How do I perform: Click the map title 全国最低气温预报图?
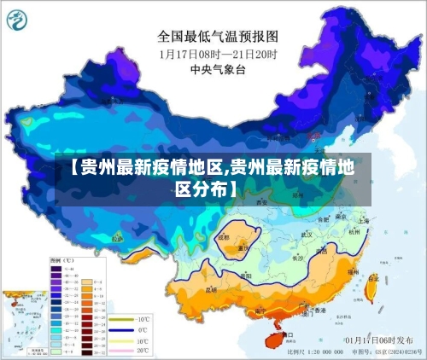pyautogui.click(x=218, y=37)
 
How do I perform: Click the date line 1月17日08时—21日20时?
pyautogui.click(x=218, y=53)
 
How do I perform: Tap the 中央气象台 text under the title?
pyautogui.click(x=218, y=70)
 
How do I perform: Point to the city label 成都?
pyautogui.click(x=224, y=237)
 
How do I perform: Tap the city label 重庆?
pyautogui.click(x=243, y=248)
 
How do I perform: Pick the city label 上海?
pyautogui.click(x=365, y=219)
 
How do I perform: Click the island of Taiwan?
pyautogui.click(x=371, y=289)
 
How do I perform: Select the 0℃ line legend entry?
pyautogui.click(x=126, y=328)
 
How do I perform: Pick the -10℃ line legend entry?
pyautogui.click(x=126, y=317)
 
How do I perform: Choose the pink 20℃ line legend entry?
pyautogui.click(x=126, y=351)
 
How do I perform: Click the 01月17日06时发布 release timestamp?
pyautogui.click(x=373, y=340)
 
